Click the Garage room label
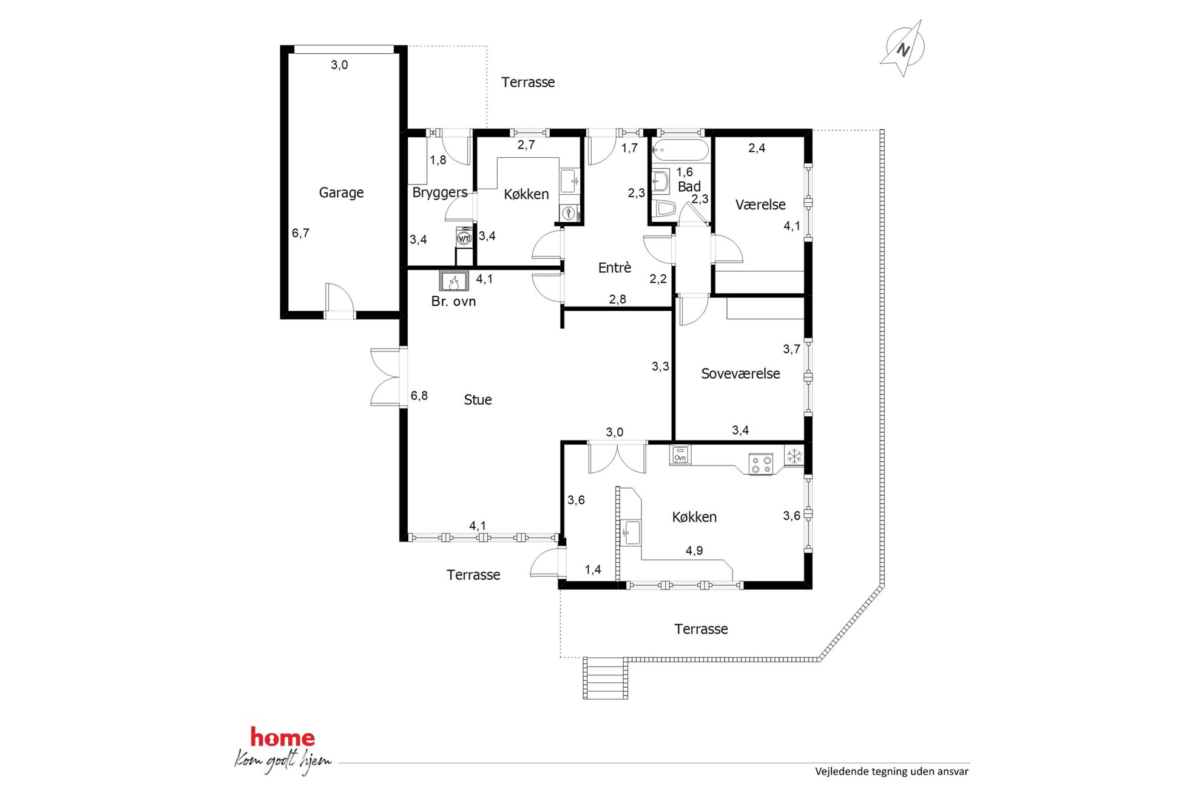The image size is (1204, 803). [341, 193]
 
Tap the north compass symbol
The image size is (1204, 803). [904, 49]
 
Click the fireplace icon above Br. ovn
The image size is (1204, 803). [454, 281]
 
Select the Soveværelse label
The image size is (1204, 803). [740, 373]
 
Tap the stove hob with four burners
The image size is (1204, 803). [761, 464]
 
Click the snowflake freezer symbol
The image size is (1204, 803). [794, 456]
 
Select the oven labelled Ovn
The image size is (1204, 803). [680, 455]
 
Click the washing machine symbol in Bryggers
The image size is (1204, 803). [464, 238]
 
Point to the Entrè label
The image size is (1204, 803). [615, 268]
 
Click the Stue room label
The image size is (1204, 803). [478, 399]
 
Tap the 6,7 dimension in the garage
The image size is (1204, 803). [300, 233]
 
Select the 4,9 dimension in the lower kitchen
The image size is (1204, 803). [694, 551]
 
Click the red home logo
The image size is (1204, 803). [283, 737]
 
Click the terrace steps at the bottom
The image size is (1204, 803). [606, 678]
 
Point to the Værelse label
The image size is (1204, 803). [760, 205]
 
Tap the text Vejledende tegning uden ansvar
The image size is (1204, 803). [891, 771]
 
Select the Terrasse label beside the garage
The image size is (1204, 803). [528, 83]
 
